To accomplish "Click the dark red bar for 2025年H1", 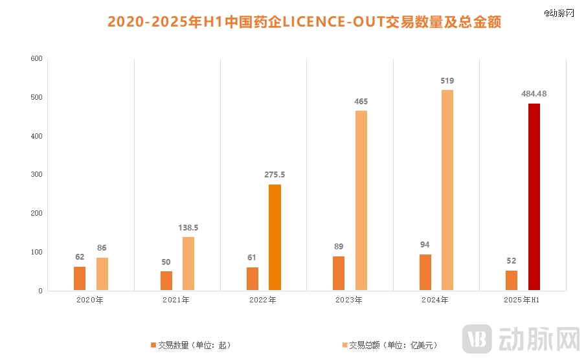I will (534, 197).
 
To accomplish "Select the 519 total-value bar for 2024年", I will (447, 190).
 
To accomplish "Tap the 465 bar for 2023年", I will (361, 201).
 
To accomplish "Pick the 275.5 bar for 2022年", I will (275, 238).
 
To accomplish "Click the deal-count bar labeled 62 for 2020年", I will (80, 279).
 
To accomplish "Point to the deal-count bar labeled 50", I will (166, 281).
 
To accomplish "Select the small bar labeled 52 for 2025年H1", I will (512, 280).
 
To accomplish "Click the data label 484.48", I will (534, 94).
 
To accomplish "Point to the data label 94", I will (425, 245).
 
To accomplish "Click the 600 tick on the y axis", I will (36, 59).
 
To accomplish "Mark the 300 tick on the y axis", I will (36, 175).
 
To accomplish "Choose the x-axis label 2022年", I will (263, 300).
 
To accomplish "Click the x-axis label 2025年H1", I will (522, 300).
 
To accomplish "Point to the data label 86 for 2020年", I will (102, 248).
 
